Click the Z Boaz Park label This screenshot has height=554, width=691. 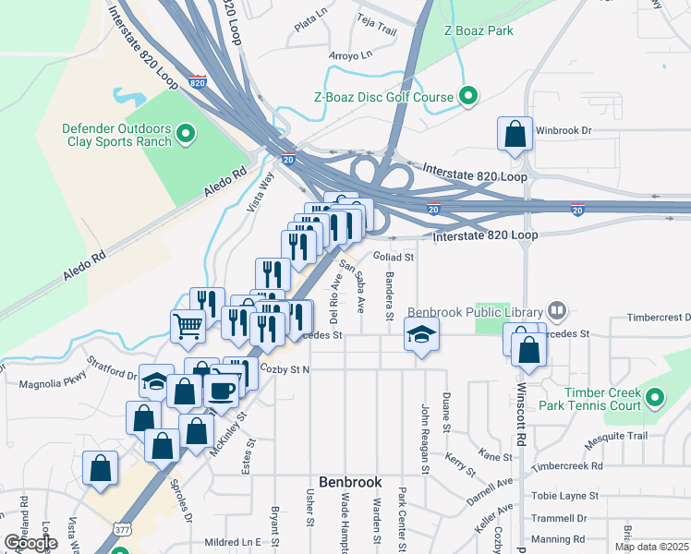479,30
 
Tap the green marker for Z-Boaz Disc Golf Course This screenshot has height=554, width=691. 468,97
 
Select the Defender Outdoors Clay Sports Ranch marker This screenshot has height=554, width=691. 186,135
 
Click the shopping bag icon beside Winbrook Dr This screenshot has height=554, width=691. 515,134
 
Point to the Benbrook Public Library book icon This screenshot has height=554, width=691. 556,311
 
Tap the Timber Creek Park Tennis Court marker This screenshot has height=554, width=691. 655,399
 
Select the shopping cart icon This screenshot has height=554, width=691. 188,326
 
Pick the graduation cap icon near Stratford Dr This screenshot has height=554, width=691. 156,381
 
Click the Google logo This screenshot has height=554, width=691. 30,543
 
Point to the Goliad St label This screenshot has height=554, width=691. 394,257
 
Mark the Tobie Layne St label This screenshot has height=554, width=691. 564,496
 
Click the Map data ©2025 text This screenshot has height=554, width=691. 650,547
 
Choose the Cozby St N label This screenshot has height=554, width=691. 285,369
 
